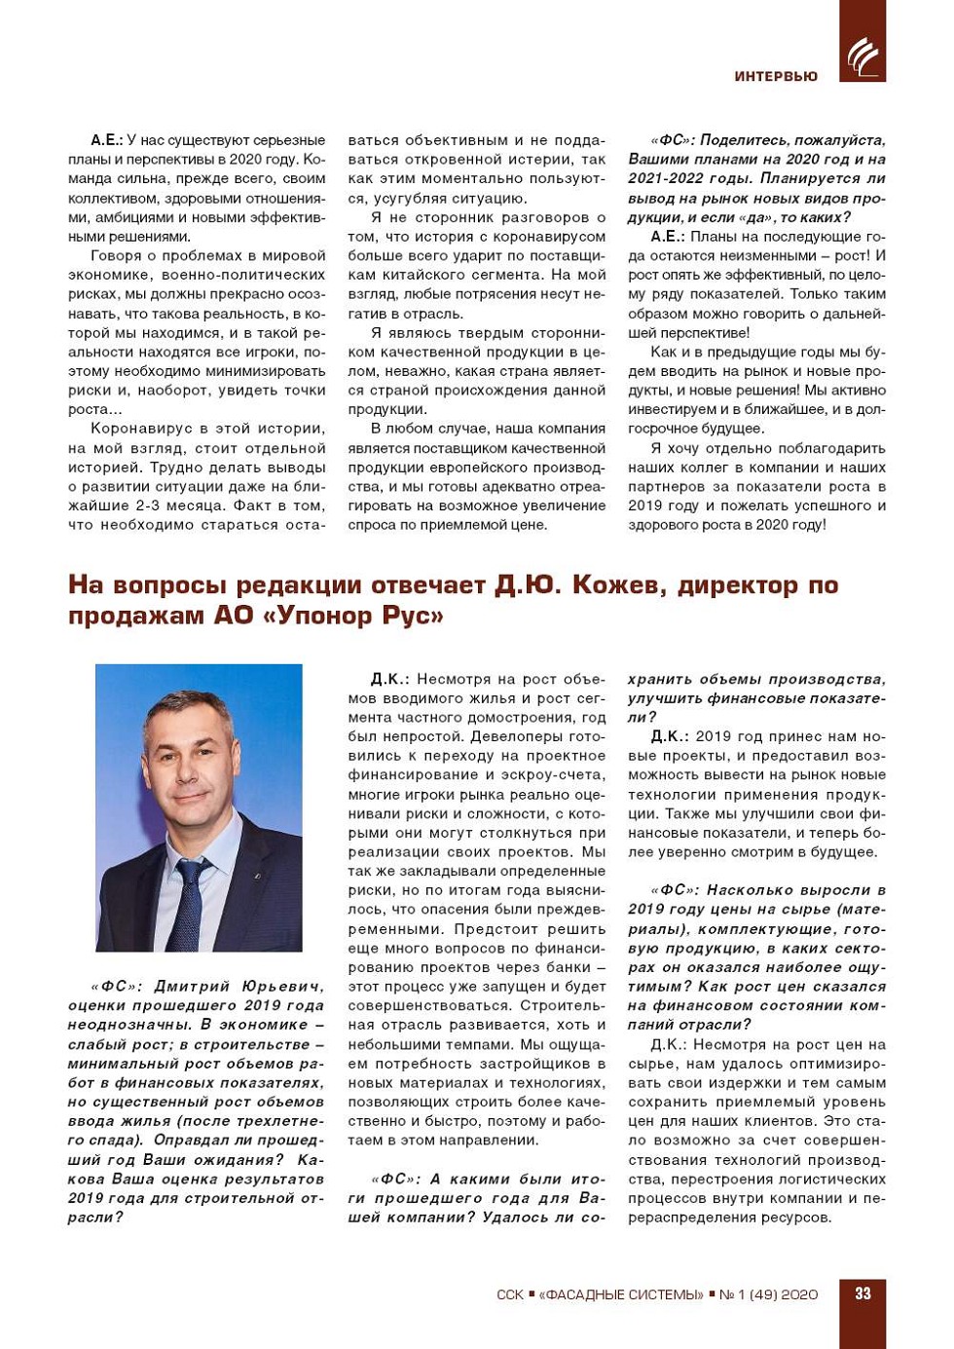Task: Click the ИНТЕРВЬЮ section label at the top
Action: point(775,76)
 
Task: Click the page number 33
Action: point(862,1293)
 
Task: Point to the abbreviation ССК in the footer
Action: point(509,1294)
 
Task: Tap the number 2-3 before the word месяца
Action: point(147,506)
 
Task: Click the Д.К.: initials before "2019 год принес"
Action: point(670,736)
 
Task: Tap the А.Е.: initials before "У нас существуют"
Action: point(106,140)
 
